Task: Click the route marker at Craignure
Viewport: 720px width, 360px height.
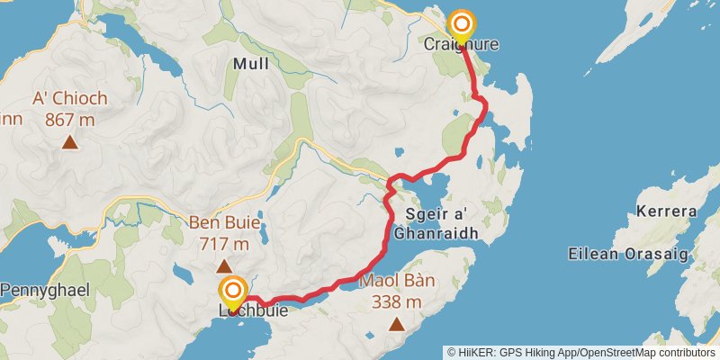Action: (462, 24)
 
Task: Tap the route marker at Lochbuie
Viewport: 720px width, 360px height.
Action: (233, 291)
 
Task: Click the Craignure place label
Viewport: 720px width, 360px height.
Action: (462, 44)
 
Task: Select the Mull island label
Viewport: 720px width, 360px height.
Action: (251, 64)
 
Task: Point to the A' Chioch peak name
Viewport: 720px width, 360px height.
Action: (69, 99)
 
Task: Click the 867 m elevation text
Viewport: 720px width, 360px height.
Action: (69, 118)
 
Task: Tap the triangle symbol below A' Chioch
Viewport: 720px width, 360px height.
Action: (69, 140)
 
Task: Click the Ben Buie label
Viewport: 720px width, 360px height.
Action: (224, 222)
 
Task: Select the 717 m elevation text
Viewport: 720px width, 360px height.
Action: (224, 243)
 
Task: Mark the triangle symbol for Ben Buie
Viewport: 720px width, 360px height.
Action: (224, 265)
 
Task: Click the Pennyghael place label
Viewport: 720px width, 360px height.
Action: (43, 290)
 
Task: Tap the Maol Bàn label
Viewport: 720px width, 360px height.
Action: (397, 281)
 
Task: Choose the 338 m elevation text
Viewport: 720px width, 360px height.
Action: (397, 301)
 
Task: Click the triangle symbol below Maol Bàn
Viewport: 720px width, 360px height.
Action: (397, 322)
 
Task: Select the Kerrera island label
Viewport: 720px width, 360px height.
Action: (666, 212)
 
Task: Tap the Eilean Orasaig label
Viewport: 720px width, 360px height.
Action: (628, 254)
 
